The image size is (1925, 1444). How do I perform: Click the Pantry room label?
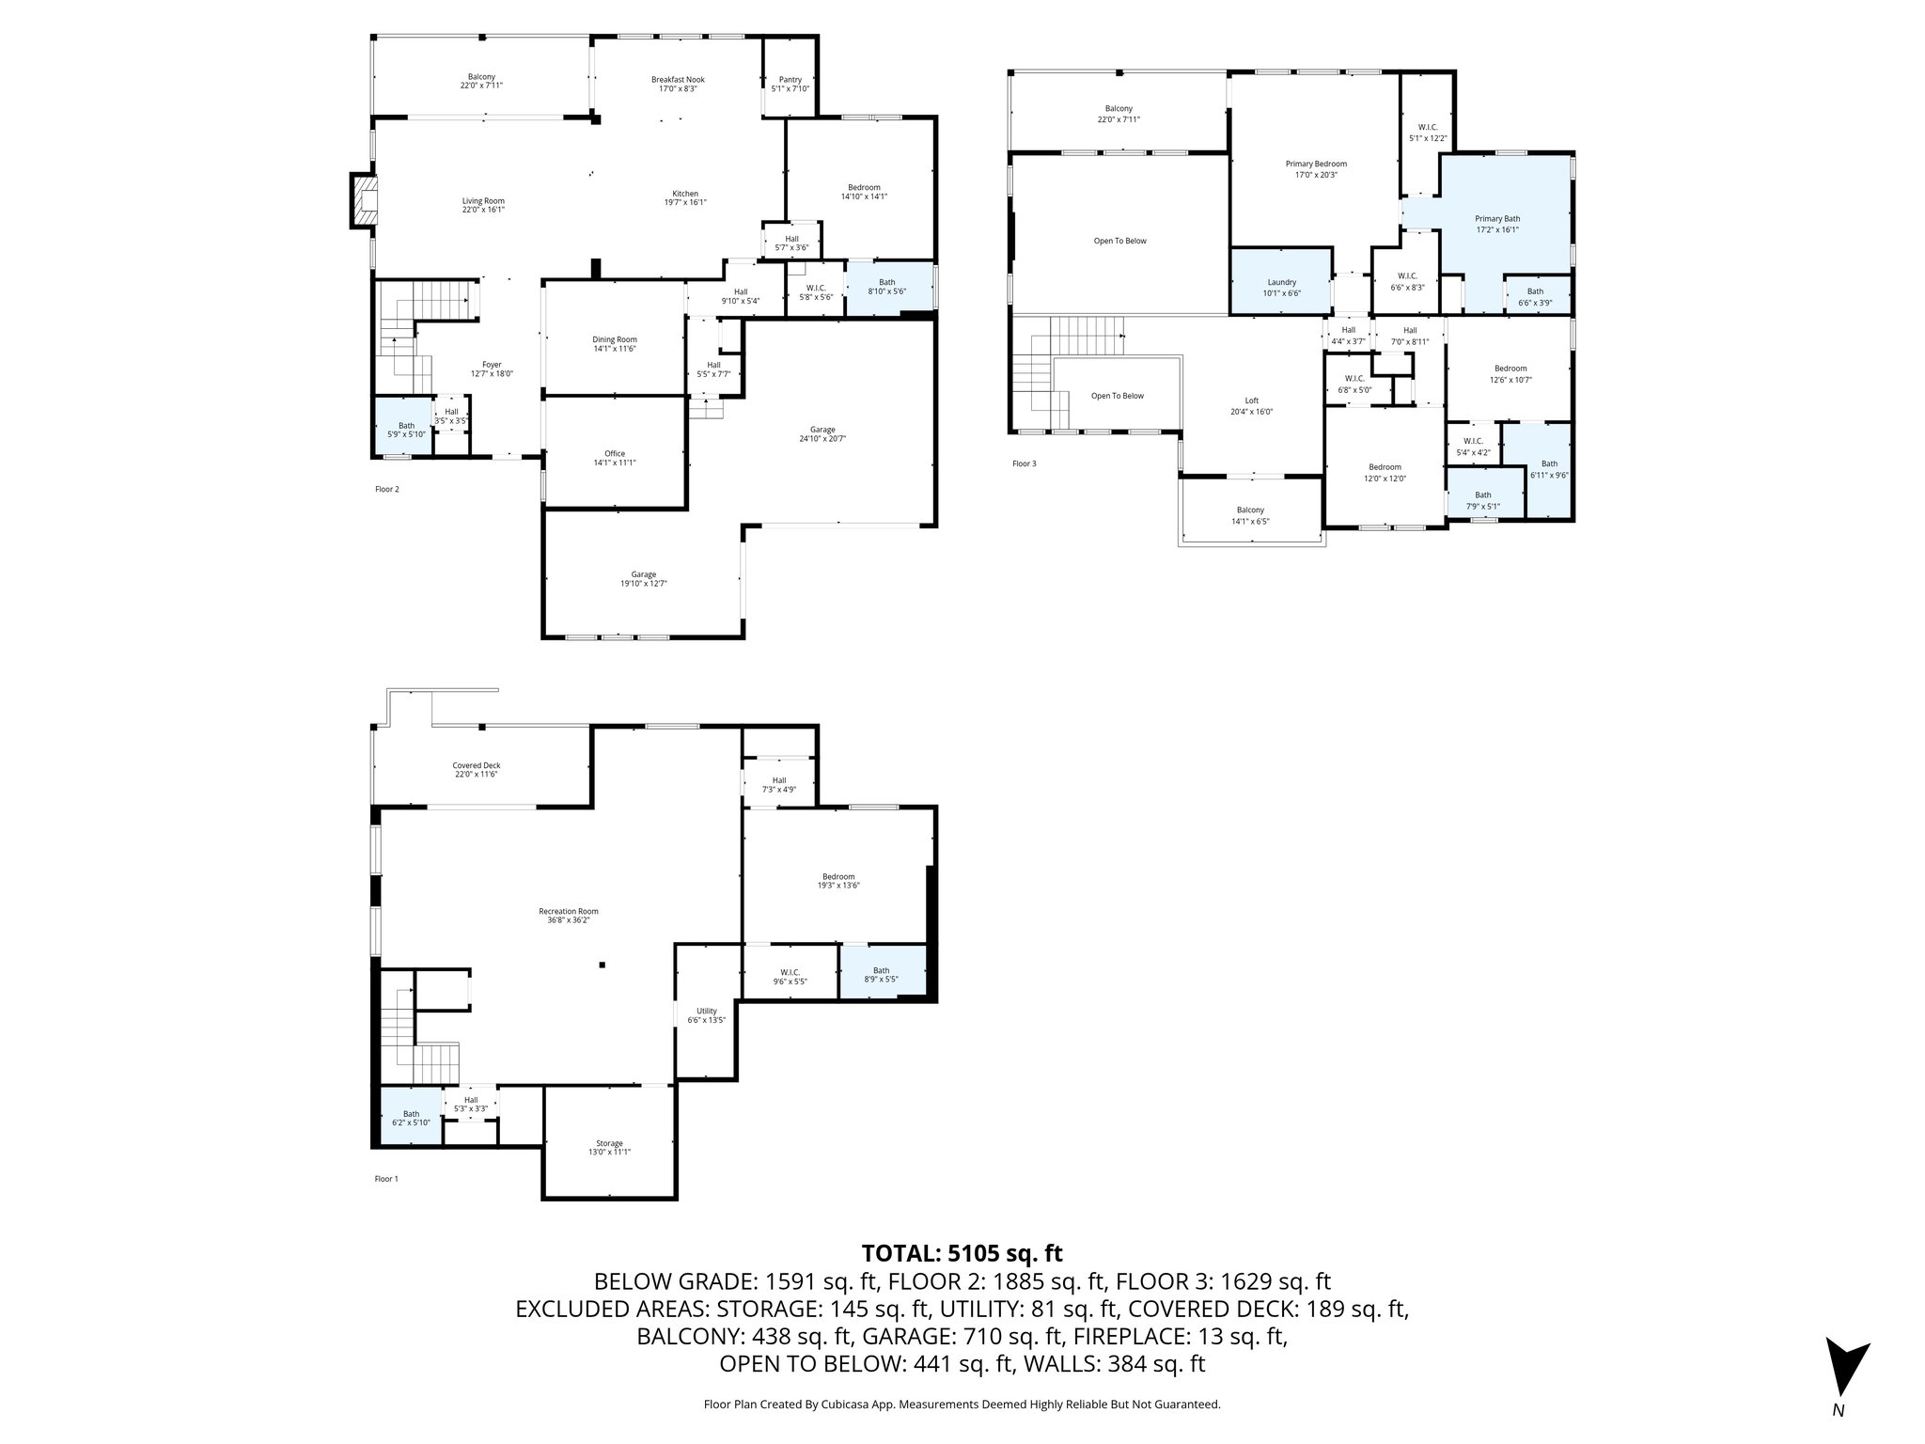pos(789,84)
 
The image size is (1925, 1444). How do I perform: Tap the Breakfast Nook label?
pos(677,84)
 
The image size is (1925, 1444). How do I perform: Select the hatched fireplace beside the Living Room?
pos(363,200)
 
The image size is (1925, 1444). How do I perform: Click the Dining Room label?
pos(614,344)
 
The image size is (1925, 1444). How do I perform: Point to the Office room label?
pos(614,458)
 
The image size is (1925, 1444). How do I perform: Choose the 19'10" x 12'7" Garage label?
pos(643,578)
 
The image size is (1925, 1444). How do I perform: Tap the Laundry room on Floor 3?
pos(1281,287)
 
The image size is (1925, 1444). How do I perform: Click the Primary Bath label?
pos(1496,224)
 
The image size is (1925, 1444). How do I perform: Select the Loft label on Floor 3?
pos(1251,405)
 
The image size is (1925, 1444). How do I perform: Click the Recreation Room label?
pos(568,916)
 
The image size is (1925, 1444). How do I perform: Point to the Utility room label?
pos(706,1015)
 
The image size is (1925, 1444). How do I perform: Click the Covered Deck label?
pos(476,769)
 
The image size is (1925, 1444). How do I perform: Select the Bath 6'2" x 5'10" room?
pos(411,1118)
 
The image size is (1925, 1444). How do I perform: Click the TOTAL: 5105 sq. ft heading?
pos(962,1253)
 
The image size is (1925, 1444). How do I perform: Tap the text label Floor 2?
pos(386,489)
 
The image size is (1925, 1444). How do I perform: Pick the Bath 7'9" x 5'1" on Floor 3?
pos(1482,500)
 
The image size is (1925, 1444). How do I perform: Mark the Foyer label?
pos(491,369)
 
